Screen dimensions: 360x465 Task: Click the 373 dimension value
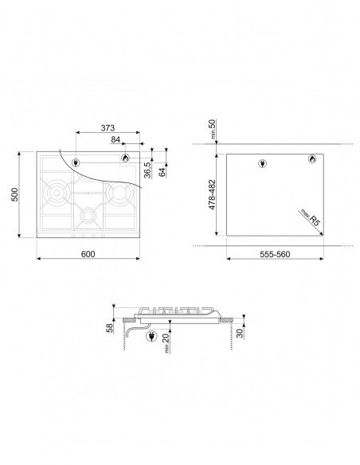point(108,128)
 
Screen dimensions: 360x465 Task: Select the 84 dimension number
point(115,139)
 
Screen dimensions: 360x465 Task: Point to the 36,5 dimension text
point(147,170)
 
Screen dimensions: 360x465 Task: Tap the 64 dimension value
point(162,172)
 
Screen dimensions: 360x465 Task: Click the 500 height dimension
point(14,194)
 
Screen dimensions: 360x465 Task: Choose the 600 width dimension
point(88,254)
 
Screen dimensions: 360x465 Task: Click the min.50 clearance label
point(213,129)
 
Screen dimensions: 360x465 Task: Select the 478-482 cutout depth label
point(213,195)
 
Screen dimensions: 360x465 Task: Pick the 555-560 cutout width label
point(275,254)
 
